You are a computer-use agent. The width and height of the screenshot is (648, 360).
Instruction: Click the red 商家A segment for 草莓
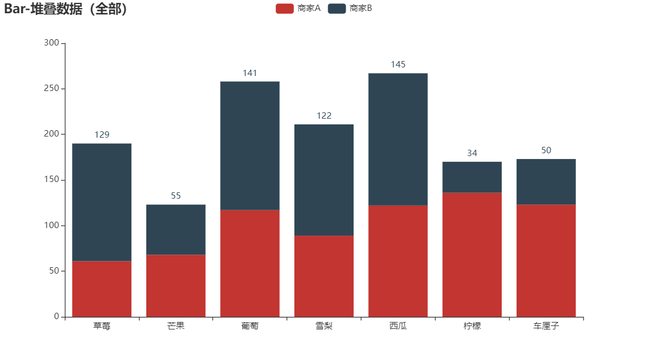click(x=102, y=289)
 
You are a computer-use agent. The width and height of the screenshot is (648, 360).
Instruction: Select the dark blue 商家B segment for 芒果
click(x=176, y=229)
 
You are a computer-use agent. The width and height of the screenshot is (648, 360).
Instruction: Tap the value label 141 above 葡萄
click(x=250, y=73)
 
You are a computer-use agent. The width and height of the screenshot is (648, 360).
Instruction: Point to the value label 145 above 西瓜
click(x=398, y=65)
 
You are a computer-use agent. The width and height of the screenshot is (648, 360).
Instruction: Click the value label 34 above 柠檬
click(x=472, y=153)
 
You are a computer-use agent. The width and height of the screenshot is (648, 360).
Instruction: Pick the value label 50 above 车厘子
click(x=546, y=150)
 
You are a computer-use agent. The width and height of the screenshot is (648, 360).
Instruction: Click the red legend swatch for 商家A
click(x=285, y=8)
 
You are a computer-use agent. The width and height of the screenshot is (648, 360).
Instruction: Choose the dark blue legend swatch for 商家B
click(x=337, y=8)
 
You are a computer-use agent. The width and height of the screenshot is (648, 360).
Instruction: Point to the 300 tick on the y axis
click(x=52, y=43)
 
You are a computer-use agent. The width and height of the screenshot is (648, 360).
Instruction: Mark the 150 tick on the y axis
click(x=52, y=180)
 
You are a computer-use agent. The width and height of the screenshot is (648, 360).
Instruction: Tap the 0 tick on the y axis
click(x=56, y=316)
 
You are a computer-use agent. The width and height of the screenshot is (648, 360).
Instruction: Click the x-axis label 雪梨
click(x=324, y=326)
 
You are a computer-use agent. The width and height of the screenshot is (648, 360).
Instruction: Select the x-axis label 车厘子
click(x=546, y=326)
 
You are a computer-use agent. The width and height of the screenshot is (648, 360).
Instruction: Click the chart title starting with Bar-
click(x=66, y=9)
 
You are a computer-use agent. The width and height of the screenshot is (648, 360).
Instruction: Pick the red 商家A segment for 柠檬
click(x=472, y=255)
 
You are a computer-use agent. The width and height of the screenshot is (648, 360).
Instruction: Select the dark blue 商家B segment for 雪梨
click(x=324, y=180)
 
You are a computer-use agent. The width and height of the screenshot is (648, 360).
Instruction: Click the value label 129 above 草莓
click(x=102, y=135)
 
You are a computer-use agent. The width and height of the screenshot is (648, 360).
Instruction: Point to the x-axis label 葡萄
click(x=250, y=326)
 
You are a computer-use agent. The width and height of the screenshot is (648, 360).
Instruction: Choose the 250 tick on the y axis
click(x=52, y=89)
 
